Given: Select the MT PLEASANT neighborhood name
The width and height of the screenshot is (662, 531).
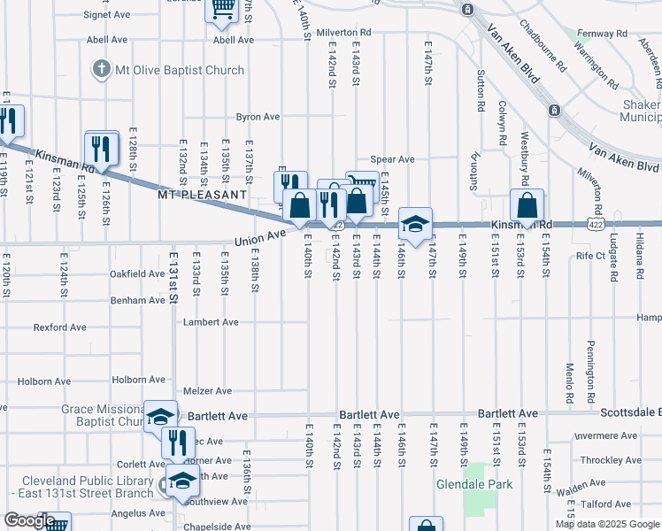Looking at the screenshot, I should pyautogui.click(x=202, y=194).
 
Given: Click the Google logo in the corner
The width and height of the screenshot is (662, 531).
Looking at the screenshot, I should pyautogui.click(x=29, y=520).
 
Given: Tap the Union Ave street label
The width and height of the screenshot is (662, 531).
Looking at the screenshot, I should pyautogui.click(x=259, y=239).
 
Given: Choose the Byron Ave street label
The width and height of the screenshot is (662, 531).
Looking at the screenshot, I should pyautogui.click(x=258, y=117).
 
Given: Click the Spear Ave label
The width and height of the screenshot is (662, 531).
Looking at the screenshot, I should pyautogui.click(x=392, y=159).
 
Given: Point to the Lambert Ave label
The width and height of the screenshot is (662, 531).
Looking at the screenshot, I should pyautogui.click(x=211, y=322).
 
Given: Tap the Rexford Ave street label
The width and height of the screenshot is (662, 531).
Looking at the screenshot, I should pyautogui.click(x=59, y=327).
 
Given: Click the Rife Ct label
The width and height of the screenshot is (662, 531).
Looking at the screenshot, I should pyautogui.click(x=590, y=256).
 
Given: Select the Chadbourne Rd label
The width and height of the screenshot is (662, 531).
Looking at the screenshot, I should pyautogui.click(x=542, y=46).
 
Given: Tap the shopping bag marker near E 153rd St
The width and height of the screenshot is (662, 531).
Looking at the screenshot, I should pyautogui.click(x=527, y=206).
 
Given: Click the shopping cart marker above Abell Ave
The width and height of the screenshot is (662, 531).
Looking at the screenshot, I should pyautogui.click(x=222, y=10).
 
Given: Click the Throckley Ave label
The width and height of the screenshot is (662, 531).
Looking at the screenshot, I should pyautogui.click(x=612, y=460).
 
